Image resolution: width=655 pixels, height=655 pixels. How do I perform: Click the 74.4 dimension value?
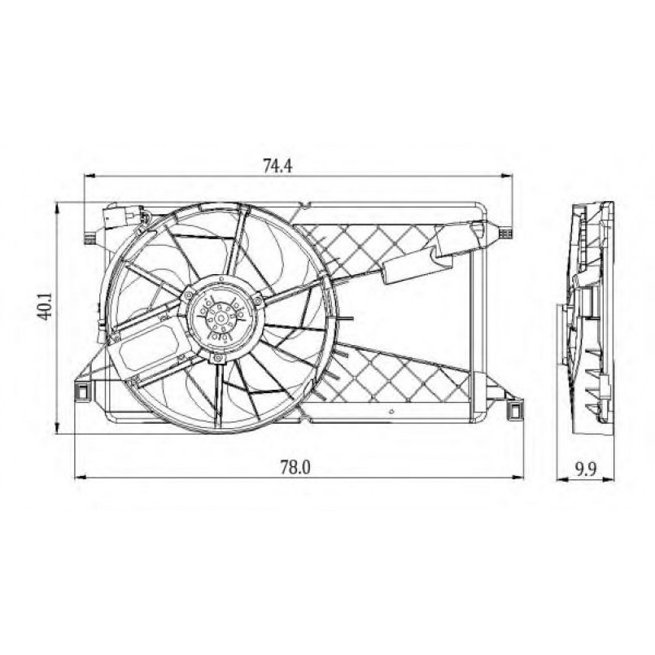(x=277, y=165)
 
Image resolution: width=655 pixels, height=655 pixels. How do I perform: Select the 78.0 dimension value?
(x=295, y=467)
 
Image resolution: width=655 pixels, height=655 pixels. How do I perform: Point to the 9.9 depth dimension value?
(x=586, y=469)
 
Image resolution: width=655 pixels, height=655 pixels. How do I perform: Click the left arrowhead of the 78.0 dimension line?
(x=80, y=477)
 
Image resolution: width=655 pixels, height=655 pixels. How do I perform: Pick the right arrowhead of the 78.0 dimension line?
(x=518, y=477)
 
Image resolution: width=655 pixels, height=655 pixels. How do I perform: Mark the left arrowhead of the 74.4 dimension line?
(x=90, y=177)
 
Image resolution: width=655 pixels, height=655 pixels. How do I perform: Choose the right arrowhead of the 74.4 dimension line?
(x=507, y=177)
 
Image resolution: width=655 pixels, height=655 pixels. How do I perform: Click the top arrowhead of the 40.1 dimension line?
(x=57, y=207)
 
